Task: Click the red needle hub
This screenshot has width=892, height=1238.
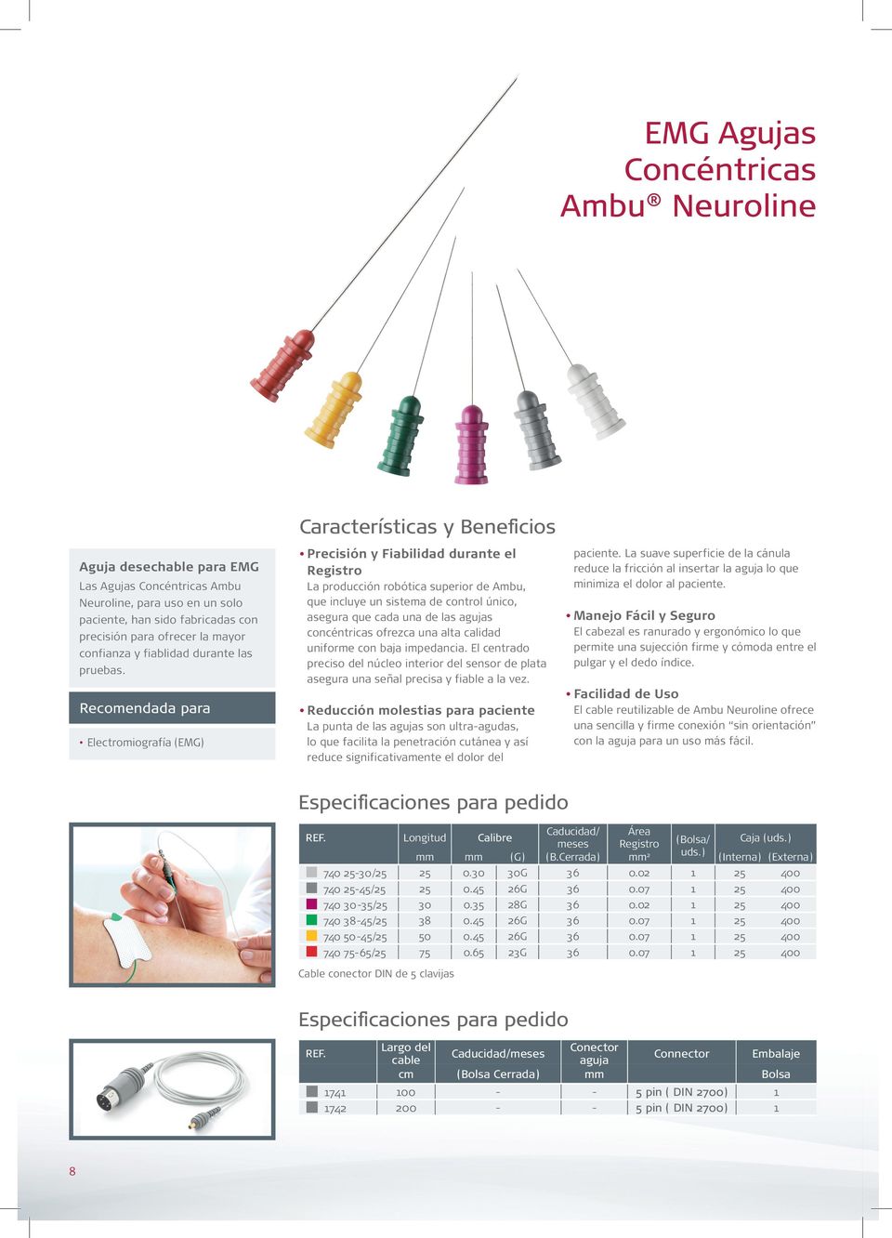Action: [282, 365]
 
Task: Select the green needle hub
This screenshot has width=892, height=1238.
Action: [401, 436]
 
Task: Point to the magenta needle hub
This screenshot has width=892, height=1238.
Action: [472, 445]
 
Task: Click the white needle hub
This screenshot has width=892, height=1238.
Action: [595, 401]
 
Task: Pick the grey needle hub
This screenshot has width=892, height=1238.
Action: [537, 429]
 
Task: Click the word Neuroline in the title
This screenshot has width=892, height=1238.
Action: [743, 205]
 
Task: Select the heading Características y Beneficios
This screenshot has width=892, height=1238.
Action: [426, 526]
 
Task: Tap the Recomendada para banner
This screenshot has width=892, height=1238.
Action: [172, 708]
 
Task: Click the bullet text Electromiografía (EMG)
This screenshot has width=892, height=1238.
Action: [145, 743]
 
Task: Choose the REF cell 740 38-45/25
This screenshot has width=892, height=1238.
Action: [354, 921]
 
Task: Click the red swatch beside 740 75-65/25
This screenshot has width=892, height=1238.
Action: [311, 952]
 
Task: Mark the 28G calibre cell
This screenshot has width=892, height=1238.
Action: [517, 905]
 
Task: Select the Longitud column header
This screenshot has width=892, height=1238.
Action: [424, 837]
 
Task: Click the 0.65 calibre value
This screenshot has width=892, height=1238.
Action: [473, 953]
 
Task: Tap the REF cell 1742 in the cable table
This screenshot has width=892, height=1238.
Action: [334, 1108]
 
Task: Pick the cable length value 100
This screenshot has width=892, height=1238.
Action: [405, 1092]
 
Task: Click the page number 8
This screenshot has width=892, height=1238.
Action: [72, 1171]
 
